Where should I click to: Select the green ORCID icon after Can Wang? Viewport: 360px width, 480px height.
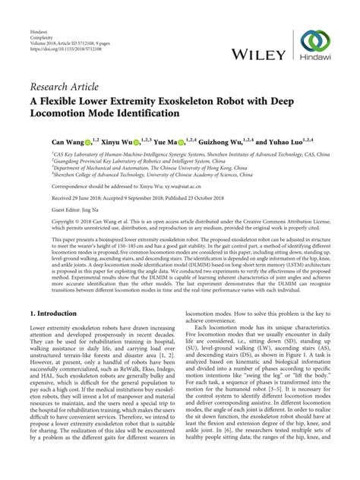point(88,141)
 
